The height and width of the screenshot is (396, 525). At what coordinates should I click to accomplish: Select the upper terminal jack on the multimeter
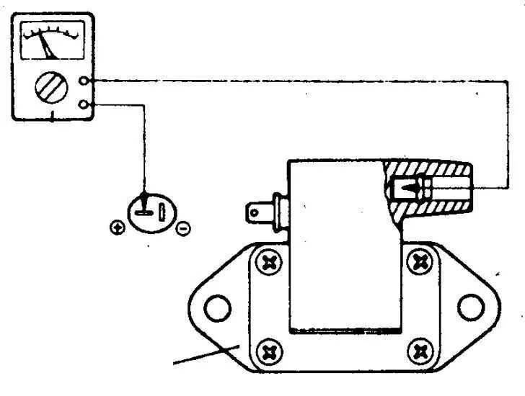click(x=87, y=81)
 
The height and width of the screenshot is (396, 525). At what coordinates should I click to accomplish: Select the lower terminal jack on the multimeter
click(x=87, y=106)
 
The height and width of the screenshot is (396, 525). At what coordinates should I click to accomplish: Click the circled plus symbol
click(x=116, y=228)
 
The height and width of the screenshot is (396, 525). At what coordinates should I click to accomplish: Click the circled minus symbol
click(x=183, y=228)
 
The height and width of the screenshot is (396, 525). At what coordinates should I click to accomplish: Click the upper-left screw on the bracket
click(x=270, y=263)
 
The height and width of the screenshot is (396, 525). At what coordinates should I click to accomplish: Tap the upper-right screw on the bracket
click(x=418, y=263)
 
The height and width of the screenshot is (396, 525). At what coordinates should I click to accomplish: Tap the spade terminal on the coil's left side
click(x=257, y=213)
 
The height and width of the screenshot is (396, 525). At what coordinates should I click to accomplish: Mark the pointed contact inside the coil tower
click(x=407, y=189)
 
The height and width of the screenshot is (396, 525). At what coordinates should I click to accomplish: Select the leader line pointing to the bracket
click(x=206, y=354)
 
